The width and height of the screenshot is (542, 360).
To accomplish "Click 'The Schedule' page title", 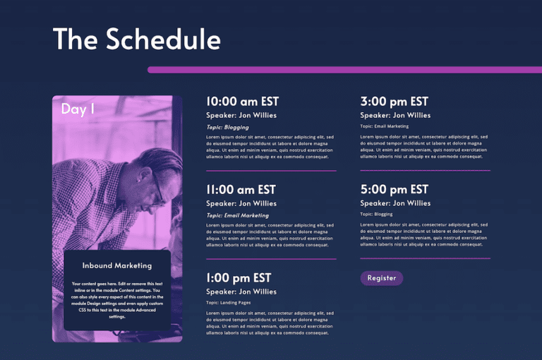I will click(x=136, y=40).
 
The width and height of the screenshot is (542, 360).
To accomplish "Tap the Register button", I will click(x=381, y=278).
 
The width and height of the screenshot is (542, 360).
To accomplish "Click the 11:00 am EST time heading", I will click(x=241, y=190).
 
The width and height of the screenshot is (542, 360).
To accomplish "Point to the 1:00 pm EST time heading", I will click(x=239, y=278).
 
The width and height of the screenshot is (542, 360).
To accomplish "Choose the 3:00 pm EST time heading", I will click(x=394, y=102).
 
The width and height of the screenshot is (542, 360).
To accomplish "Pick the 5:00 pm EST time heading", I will click(x=394, y=190).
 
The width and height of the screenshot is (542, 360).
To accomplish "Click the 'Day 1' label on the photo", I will click(x=78, y=109).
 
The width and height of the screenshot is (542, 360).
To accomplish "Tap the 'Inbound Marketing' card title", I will click(x=117, y=266).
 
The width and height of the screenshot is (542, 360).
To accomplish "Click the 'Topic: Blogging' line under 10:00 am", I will click(x=227, y=127).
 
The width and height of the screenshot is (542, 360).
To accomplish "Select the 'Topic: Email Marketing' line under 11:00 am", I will click(x=237, y=215).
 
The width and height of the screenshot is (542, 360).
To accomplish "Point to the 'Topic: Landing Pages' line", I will click(x=228, y=302).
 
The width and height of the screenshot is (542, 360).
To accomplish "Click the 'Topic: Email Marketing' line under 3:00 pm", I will click(x=384, y=126).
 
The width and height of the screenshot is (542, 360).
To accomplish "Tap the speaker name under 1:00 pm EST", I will click(x=241, y=292).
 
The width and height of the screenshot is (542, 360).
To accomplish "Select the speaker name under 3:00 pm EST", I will click(x=395, y=115).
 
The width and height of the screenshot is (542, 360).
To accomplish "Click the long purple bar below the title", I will click(x=344, y=70).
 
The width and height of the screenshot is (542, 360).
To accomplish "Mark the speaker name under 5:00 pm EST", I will click(x=395, y=203).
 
